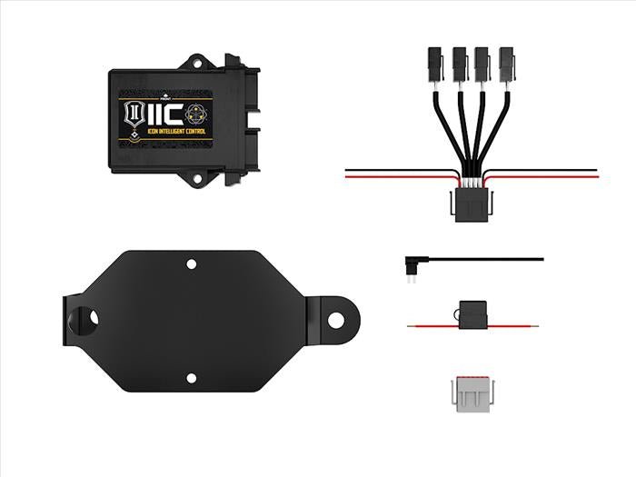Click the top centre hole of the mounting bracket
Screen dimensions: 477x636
tap(191, 264)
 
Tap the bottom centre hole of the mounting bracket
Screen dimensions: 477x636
tap(191, 377)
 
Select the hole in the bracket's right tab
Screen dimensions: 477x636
tap(337, 320)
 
